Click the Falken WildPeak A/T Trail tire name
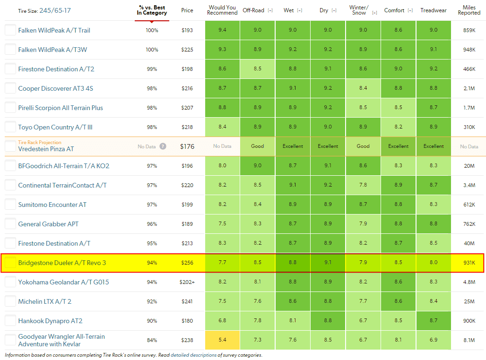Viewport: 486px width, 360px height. click(x=54, y=30)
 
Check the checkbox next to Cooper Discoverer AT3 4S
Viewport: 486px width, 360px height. click(x=10, y=88)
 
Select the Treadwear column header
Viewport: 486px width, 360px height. click(x=434, y=10)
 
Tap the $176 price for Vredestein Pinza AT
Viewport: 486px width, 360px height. click(x=187, y=146)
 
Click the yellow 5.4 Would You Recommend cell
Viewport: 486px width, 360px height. click(x=222, y=340)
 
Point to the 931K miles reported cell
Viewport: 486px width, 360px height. click(x=469, y=263)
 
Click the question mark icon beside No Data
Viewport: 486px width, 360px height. click(x=163, y=146)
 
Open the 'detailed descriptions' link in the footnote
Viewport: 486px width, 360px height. click(x=193, y=355)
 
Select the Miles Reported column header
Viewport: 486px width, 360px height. click(x=469, y=10)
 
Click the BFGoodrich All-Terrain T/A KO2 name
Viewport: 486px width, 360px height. click(x=63, y=166)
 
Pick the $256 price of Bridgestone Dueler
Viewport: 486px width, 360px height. click(x=187, y=263)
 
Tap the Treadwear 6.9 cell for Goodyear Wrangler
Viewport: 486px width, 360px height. click(x=434, y=340)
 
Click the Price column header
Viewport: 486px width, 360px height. click(x=187, y=10)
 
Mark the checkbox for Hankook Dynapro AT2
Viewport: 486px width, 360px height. click(x=10, y=321)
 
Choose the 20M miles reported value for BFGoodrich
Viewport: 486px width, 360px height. click(x=469, y=166)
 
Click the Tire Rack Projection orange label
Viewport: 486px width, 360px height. click(x=40, y=142)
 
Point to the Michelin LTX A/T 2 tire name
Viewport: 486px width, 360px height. click(x=45, y=301)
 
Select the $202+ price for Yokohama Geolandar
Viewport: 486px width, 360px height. click(x=187, y=282)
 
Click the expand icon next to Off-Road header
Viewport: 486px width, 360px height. click(x=270, y=10)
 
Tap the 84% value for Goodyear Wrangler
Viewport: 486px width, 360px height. click(x=152, y=340)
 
